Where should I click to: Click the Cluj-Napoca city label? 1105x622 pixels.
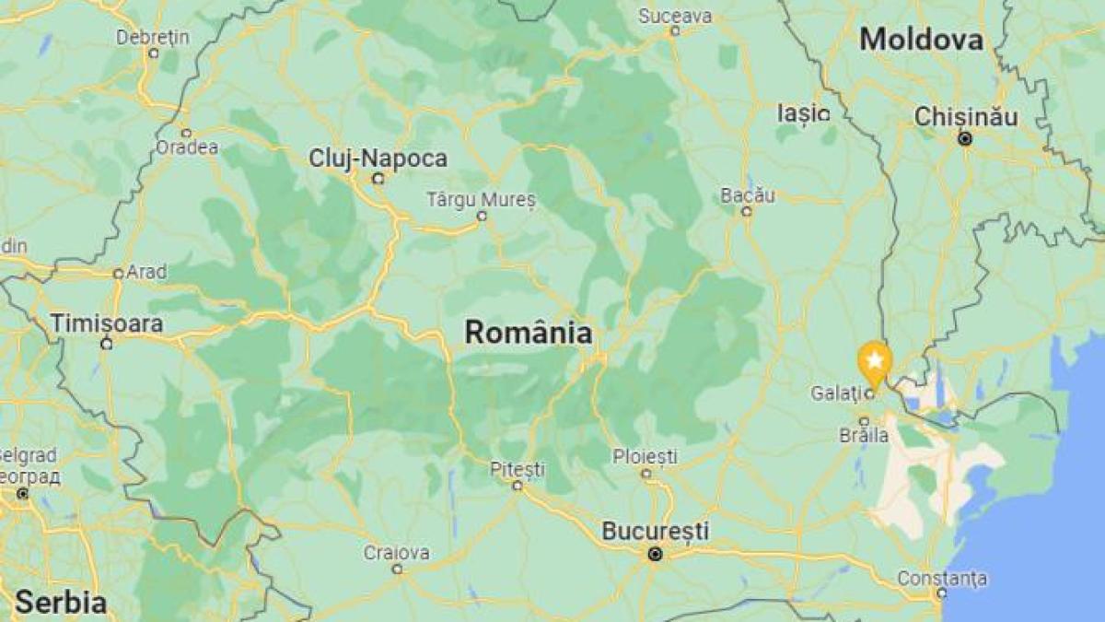[378, 158]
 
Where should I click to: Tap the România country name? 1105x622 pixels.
[528, 332]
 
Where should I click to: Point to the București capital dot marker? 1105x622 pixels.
[655, 554]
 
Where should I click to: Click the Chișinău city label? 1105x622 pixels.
[965, 117]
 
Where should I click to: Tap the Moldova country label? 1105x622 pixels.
[921, 40]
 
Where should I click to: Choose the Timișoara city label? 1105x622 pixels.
[106, 323]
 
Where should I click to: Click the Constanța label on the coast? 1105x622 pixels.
[943, 578]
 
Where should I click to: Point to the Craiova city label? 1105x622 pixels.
[396, 553]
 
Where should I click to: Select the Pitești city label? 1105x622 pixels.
[517, 468]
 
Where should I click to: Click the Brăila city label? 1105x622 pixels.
[864, 435]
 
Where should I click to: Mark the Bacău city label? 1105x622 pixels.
[748, 195]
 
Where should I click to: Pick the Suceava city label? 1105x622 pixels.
[675, 16]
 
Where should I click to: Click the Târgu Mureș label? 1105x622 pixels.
[481, 199]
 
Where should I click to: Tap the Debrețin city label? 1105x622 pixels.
[153, 37]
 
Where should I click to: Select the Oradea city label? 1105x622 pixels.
[186, 147]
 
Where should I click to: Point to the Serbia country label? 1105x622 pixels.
[60, 603]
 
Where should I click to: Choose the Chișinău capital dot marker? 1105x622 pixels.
[965, 139]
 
